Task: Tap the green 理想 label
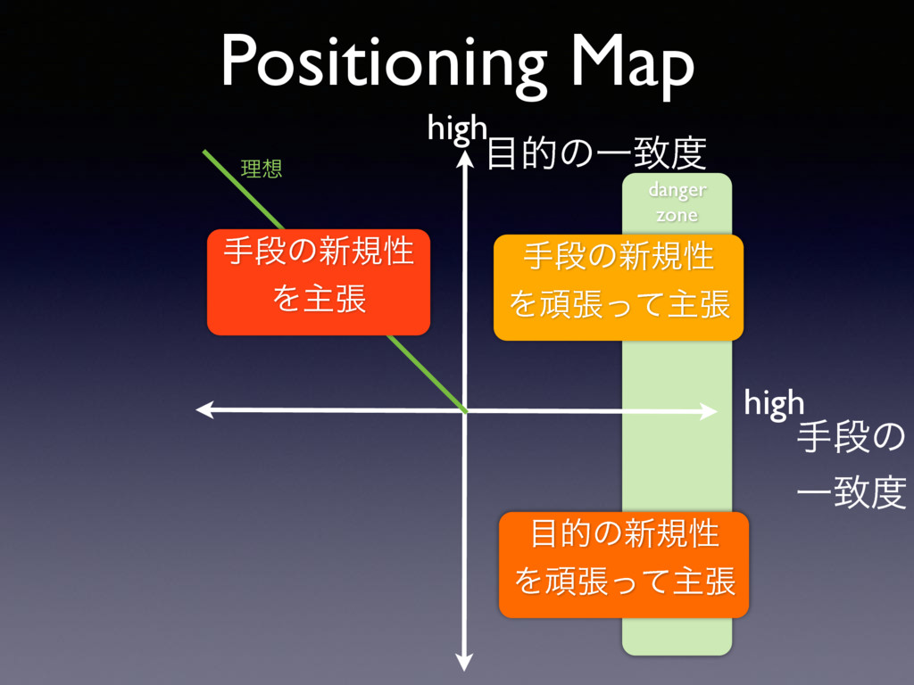(x=262, y=169)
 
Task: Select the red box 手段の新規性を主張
(x=319, y=281)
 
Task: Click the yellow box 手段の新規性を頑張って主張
(x=619, y=287)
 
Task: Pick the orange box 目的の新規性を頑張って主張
(x=624, y=565)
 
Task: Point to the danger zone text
(x=677, y=202)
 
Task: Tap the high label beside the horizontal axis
(x=774, y=404)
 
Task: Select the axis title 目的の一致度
(x=596, y=153)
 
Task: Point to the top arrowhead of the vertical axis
(x=464, y=158)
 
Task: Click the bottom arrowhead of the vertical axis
(x=464, y=662)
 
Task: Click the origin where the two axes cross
(x=465, y=410)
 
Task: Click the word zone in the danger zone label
(x=677, y=215)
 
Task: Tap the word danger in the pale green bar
(x=677, y=190)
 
